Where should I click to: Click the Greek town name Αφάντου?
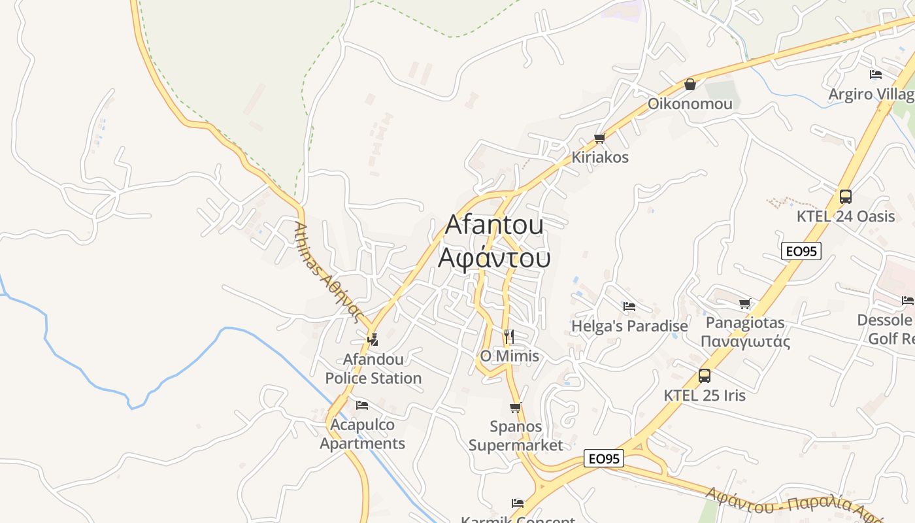point(494,258)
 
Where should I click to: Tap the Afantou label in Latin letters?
point(494,225)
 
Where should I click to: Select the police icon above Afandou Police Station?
point(373,339)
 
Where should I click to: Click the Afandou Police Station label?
point(373,369)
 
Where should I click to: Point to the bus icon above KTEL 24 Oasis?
point(845,196)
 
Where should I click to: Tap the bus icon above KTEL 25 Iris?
point(704,376)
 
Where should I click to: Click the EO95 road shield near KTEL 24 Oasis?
point(801,250)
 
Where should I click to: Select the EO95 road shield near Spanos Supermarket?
point(603,458)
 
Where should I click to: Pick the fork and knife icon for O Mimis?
point(508,337)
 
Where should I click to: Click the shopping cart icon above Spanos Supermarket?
point(515,408)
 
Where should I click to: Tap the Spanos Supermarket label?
point(516,436)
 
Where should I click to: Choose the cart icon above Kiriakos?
point(599,138)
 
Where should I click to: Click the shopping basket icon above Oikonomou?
point(690,84)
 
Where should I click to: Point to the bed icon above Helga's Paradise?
point(629,306)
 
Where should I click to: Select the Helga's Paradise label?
point(629,326)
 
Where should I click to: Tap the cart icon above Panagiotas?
point(744,303)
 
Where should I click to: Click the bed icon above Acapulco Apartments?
point(362,405)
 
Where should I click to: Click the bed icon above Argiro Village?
point(876,75)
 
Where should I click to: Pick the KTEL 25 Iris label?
point(704,396)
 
